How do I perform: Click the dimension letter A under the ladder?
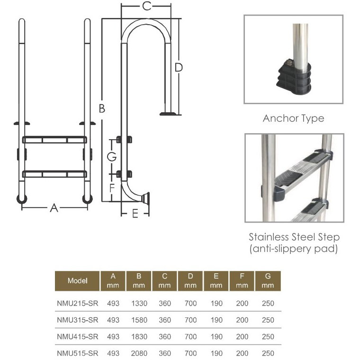pos(54,208)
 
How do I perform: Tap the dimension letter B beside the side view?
pos(102,108)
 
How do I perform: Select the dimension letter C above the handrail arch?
pos(147,6)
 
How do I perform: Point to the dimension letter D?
pos(179,67)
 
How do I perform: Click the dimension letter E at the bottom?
pos(135,214)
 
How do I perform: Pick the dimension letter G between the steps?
pos(112,157)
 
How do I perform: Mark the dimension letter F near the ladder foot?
pos(112,188)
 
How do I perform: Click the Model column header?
pos(77,281)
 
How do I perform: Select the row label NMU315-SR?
pos(78,320)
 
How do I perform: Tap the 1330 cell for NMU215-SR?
pos(139,303)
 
